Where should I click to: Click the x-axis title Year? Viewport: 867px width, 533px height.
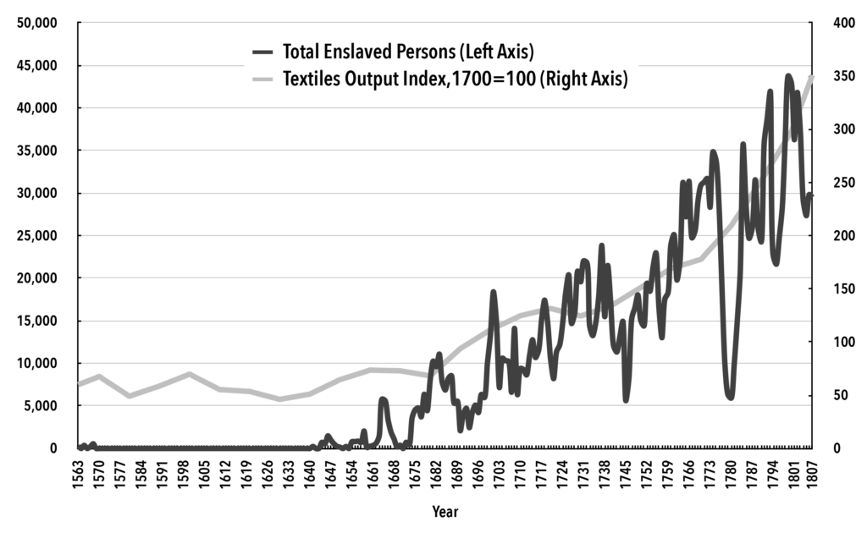(445, 512)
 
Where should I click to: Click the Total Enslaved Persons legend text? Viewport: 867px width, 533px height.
(407, 52)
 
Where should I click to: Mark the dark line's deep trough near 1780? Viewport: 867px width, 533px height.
(730, 396)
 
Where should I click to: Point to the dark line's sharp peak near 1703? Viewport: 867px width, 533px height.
(494, 293)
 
